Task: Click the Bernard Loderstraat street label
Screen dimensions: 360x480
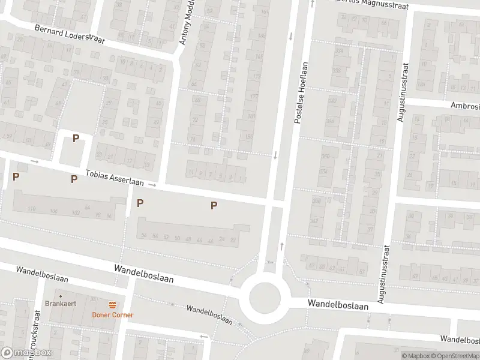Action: tap(69, 35)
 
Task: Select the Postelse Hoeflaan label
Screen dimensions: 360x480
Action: tap(301, 92)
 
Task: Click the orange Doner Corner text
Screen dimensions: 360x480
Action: tap(112, 315)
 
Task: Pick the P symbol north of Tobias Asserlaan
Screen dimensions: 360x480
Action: tap(76, 139)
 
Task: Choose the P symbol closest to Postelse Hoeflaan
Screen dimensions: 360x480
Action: tap(214, 206)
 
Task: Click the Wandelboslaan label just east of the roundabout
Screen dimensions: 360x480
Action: tap(337, 304)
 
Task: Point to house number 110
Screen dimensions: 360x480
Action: tap(32, 209)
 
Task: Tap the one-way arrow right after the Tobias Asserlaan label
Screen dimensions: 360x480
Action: tap(152, 185)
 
